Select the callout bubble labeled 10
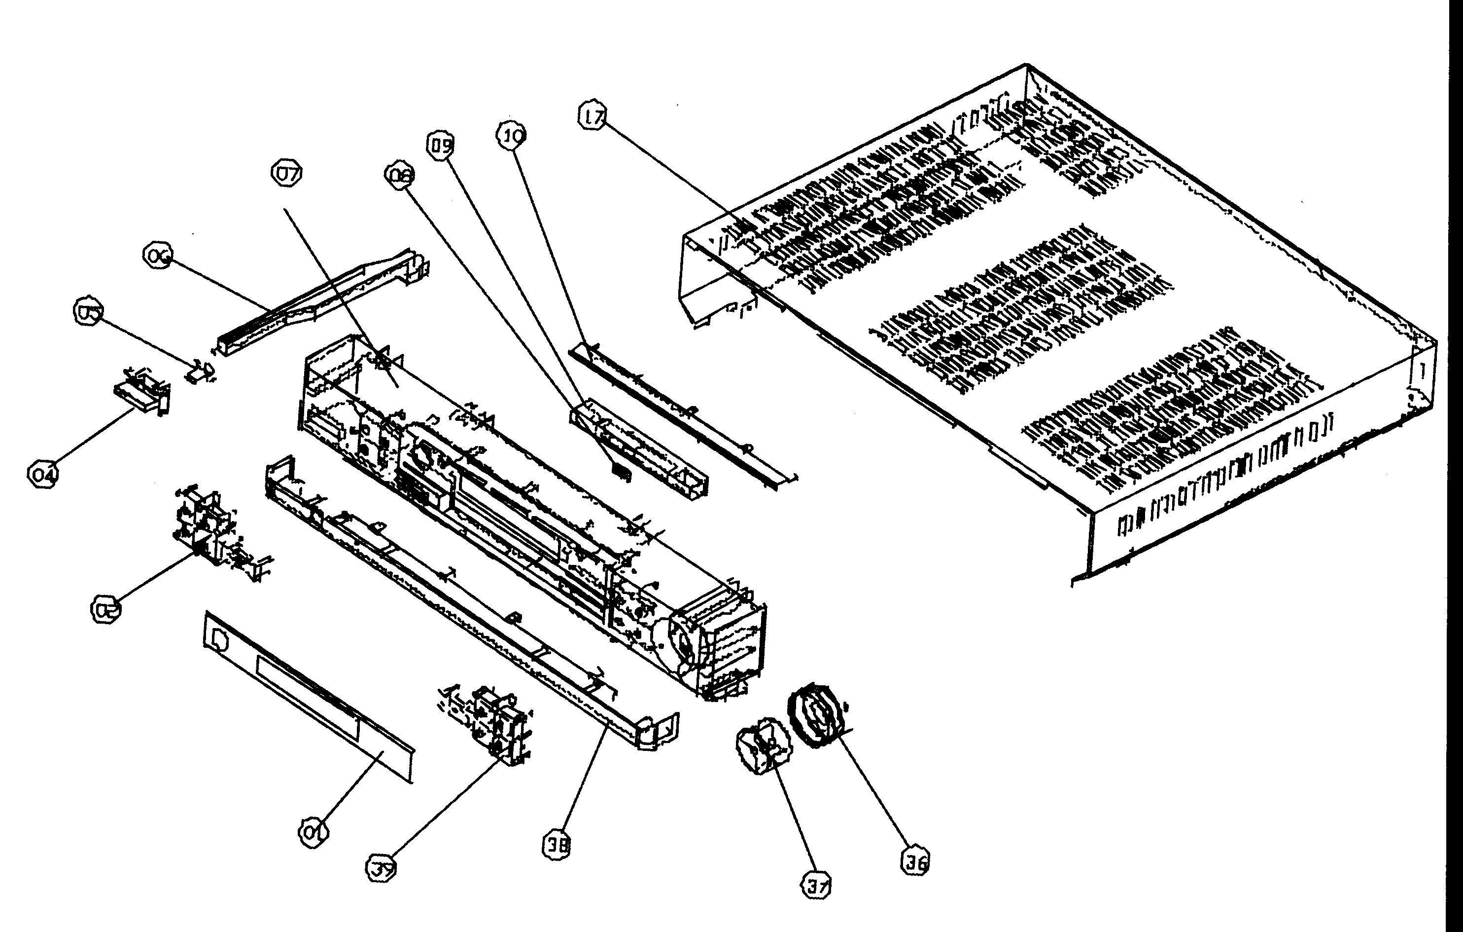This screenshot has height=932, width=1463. click(x=512, y=136)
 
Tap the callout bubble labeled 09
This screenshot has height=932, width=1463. click(x=441, y=146)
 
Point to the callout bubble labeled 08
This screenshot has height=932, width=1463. click(x=399, y=176)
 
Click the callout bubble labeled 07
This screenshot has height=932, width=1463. click(x=286, y=174)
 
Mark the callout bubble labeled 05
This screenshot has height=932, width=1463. click(x=89, y=311)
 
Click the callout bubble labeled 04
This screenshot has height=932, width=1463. click(x=43, y=474)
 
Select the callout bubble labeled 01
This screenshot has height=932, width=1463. click(x=313, y=831)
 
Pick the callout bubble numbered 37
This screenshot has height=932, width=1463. click(x=816, y=886)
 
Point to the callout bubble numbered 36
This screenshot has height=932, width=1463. click(x=915, y=861)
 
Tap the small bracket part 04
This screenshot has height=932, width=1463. click(x=141, y=389)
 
